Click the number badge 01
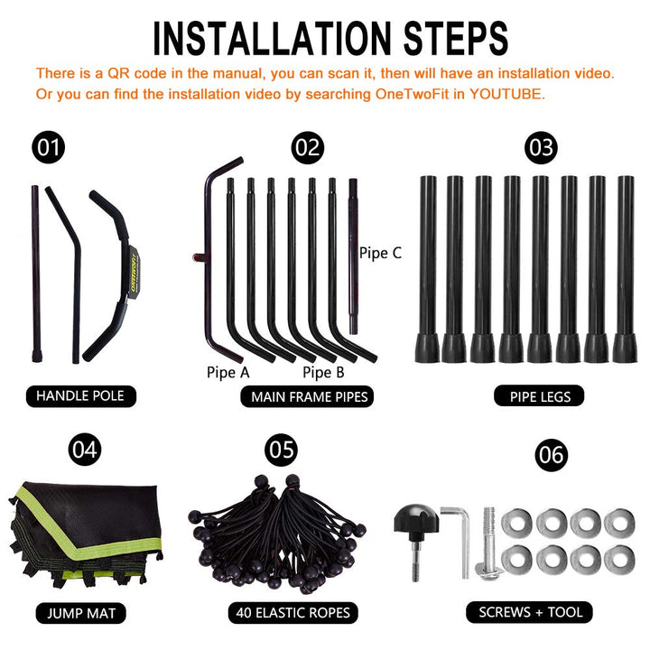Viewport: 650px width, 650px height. click(49, 147)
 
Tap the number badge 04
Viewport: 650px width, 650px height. click(85, 450)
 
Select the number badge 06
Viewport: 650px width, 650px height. click(551, 455)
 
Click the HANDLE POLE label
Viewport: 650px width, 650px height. click(81, 396)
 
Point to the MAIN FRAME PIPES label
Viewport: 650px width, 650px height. click(307, 396)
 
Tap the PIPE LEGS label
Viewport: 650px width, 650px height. click(539, 396)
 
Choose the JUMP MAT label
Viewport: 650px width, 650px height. click(81, 613)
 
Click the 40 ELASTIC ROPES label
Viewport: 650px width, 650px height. click(292, 613)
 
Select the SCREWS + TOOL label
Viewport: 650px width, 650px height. click(529, 612)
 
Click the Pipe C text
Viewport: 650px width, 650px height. click(380, 253)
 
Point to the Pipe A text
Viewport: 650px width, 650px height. click(228, 372)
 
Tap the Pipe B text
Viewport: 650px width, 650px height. click(323, 372)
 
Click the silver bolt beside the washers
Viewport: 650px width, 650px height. click(489, 543)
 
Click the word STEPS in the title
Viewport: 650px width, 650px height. click(455, 39)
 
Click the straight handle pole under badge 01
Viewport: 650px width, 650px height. click(36, 274)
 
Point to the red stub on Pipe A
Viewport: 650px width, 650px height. click(199, 258)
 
